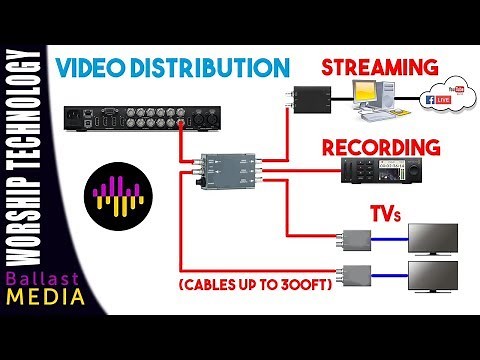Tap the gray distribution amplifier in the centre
[228, 171]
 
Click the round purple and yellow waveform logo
[116, 191]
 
